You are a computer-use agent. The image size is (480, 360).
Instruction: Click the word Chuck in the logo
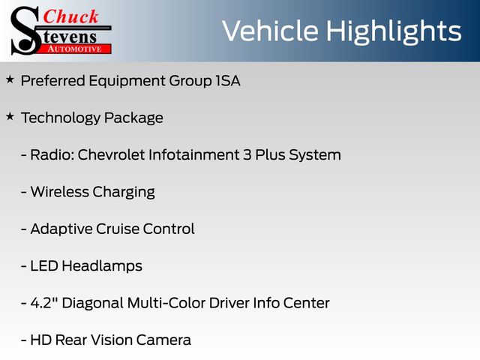[70, 16]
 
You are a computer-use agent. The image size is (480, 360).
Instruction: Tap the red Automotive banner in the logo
[75, 49]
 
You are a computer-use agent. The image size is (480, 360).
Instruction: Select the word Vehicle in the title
[270, 31]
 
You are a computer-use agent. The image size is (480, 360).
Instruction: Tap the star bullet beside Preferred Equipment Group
[10, 79]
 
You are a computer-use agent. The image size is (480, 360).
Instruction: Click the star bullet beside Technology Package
[10, 116]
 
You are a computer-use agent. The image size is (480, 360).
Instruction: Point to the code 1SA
[228, 81]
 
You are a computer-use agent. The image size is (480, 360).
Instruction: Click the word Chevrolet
[111, 154]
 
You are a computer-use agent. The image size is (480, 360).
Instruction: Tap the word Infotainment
[194, 154]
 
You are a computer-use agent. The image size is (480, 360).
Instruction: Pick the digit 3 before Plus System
[247, 155]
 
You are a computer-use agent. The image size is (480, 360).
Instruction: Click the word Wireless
[60, 192]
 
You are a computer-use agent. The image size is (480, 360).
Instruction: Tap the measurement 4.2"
[44, 303]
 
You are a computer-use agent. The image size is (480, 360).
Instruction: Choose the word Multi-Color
[166, 303]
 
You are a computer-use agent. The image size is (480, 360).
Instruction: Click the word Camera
[163, 340]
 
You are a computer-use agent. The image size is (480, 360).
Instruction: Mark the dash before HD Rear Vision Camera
[24, 340]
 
